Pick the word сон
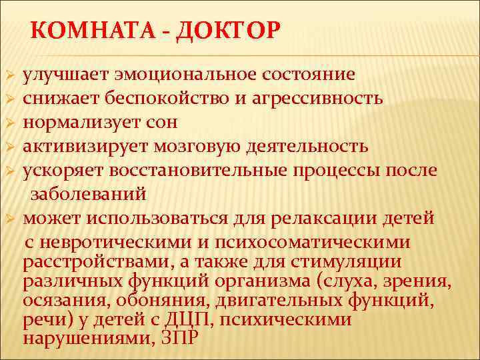(158, 122)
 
